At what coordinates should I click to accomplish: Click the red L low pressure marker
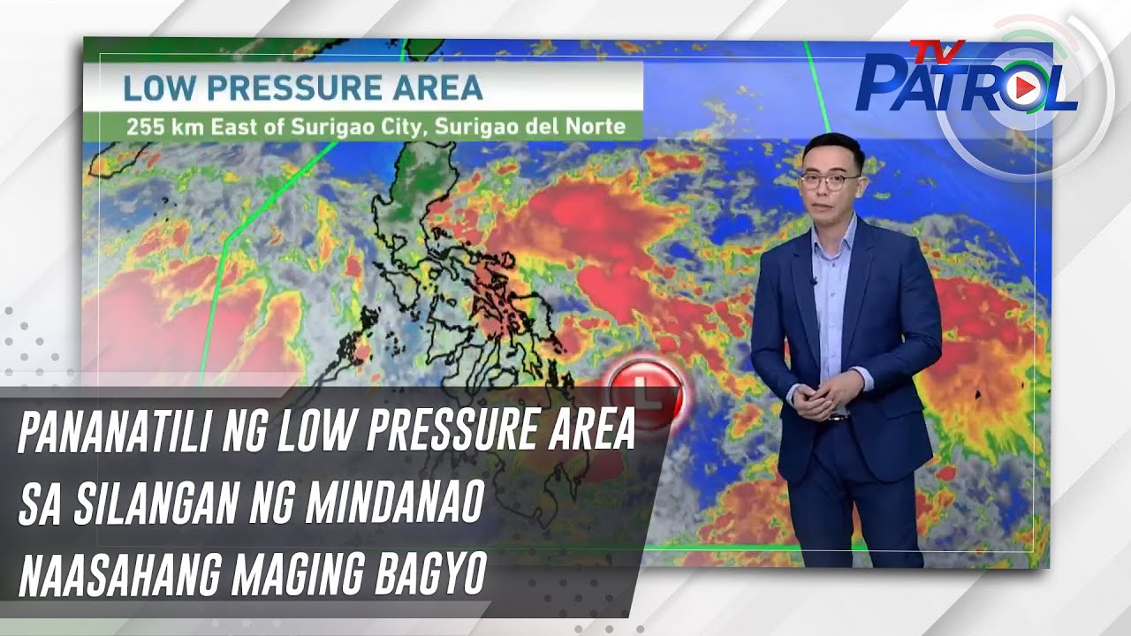[x=646, y=391]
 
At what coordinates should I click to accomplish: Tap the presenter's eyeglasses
[x=831, y=180]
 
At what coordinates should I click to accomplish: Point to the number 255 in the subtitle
[x=143, y=125]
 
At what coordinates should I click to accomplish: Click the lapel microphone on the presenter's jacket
[x=813, y=283]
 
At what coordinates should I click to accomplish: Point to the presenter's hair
[x=831, y=148]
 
